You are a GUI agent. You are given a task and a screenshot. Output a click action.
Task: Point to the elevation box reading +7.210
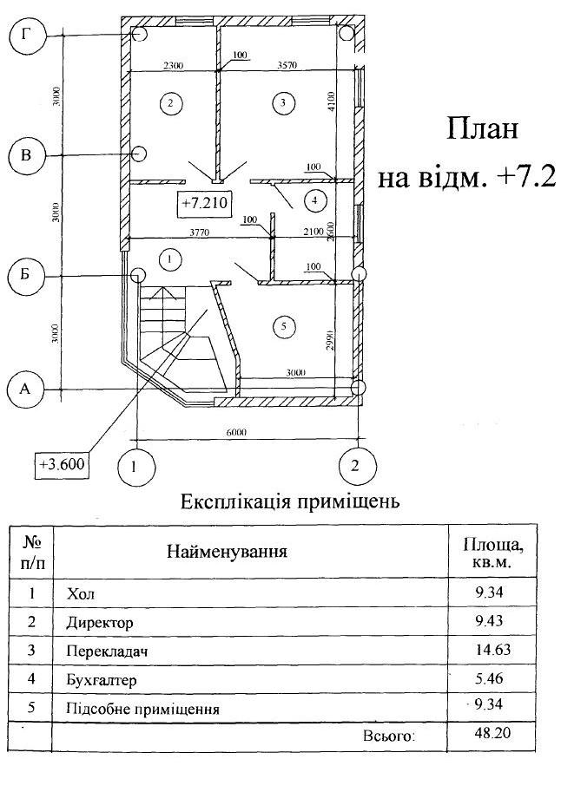coord(201,203)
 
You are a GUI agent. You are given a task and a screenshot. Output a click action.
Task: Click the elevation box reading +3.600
coord(62,464)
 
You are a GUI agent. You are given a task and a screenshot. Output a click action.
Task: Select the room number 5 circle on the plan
coord(279,326)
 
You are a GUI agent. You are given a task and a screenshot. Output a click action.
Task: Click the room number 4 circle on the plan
coord(313,200)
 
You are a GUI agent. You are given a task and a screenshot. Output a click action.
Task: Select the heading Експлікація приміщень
coord(289,501)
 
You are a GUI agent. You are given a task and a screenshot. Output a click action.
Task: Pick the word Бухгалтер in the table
coord(102,680)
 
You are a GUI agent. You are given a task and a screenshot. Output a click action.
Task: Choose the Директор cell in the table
coord(99,623)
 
